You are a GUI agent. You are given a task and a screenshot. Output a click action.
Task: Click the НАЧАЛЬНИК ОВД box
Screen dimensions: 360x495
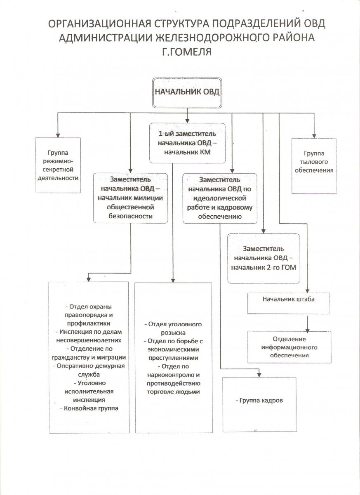coord(187,92)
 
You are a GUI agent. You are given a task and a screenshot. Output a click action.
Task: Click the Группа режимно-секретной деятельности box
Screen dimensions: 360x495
coord(58,165)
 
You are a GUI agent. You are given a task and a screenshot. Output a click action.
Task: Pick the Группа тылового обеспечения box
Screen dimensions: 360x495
coord(314,166)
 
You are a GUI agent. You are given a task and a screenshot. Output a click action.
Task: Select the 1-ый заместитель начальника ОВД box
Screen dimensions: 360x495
coord(187,143)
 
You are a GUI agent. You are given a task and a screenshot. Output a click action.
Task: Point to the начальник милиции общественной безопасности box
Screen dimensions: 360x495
coord(131,198)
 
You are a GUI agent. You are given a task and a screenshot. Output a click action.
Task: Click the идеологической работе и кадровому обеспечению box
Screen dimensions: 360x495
coord(220,198)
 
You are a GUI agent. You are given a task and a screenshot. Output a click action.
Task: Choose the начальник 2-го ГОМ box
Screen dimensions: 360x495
coord(264,258)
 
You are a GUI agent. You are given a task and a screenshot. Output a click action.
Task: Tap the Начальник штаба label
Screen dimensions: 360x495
coord(288,299)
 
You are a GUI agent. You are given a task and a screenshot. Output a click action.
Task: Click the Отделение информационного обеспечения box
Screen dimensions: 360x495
coord(289,347)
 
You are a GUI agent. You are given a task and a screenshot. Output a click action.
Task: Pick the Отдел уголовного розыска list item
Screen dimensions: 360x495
coord(173,328)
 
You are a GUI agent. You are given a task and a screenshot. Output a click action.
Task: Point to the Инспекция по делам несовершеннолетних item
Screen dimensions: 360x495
coord(89,336)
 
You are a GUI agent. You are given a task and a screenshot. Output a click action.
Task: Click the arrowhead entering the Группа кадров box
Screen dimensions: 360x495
coord(259,375)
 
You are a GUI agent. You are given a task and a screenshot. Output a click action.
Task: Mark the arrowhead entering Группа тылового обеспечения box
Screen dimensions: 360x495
coord(314,136)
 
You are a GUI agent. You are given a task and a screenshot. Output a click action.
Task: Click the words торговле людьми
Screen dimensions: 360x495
coord(173,392)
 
